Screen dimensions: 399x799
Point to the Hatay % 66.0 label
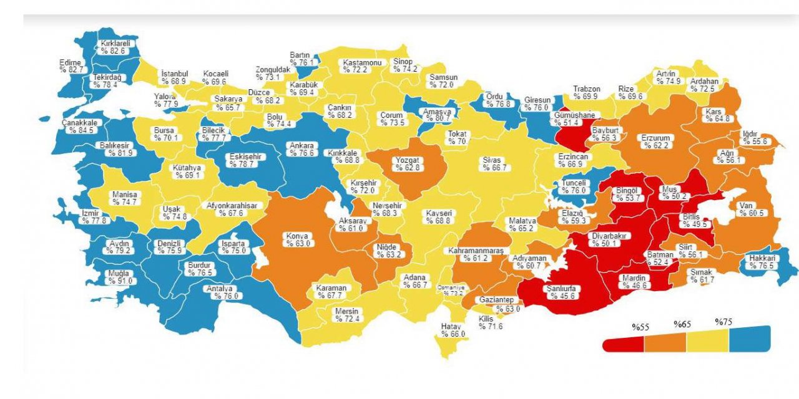[x=453, y=330]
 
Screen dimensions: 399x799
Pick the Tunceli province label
[x=573, y=186]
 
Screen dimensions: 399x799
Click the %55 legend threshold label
[x=641, y=327]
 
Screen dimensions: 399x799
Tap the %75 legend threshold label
[x=724, y=322]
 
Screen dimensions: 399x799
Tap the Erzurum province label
[x=655, y=142]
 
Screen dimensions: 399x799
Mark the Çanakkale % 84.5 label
[x=79, y=127]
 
